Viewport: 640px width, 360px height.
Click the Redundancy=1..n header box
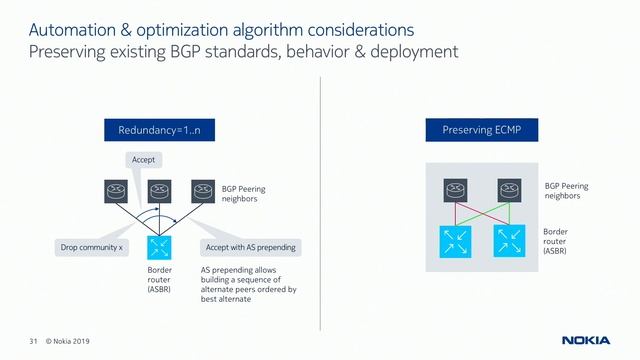click(159, 130)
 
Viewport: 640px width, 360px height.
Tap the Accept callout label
click(144, 159)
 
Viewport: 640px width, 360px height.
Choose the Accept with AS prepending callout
click(250, 247)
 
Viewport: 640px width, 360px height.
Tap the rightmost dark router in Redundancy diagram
click(203, 190)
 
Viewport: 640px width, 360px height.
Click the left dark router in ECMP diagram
click(455, 190)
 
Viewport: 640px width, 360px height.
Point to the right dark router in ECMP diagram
click(510, 190)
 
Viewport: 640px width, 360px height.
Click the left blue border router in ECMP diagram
click(455, 240)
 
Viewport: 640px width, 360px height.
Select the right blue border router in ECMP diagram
click(510, 240)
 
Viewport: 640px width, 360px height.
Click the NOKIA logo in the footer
click(584, 341)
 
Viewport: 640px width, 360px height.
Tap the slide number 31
click(33, 342)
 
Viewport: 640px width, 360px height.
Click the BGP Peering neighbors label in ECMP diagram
click(565, 191)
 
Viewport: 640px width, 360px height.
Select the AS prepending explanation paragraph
click(248, 289)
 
